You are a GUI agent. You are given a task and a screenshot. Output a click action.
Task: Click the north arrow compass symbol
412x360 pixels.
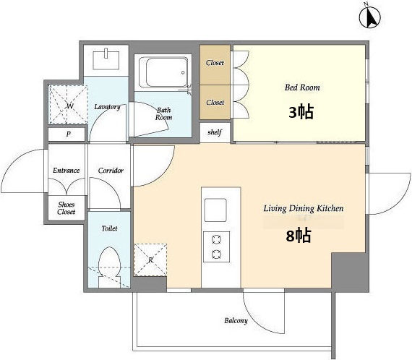click(370, 17)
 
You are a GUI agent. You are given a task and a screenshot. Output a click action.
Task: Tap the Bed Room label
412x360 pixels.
click(302, 87)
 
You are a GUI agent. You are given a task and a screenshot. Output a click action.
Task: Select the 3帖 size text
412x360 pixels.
click(301, 112)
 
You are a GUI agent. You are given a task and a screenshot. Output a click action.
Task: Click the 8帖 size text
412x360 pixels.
click(299, 235)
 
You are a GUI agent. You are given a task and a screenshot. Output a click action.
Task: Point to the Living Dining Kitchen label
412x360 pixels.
click(304, 208)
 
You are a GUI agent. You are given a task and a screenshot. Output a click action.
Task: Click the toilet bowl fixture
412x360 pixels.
click(109, 267)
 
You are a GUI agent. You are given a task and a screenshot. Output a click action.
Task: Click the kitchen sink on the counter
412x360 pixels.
click(215, 210)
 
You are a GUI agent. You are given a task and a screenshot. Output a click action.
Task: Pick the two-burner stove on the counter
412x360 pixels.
click(217, 247)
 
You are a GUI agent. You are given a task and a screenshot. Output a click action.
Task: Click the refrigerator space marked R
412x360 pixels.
click(150, 260)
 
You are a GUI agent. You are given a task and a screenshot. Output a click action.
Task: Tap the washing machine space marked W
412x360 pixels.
click(69, 105)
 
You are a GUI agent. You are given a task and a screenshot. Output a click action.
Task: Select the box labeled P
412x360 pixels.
click(66, 134)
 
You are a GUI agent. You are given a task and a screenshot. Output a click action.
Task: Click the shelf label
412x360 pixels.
click(215, 132)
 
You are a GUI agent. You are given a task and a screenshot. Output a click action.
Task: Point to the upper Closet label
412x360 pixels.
click(215, 63)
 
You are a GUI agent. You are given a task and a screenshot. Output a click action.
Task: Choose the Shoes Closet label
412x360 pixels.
click(66, 208)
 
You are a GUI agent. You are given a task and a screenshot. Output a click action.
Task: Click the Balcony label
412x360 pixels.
click(236, 320)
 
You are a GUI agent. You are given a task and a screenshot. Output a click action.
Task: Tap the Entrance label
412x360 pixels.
click(66, 171)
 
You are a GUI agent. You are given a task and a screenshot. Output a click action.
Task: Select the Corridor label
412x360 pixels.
click(111, 171)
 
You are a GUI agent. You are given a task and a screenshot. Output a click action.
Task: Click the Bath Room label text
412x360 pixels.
click(163, 113)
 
